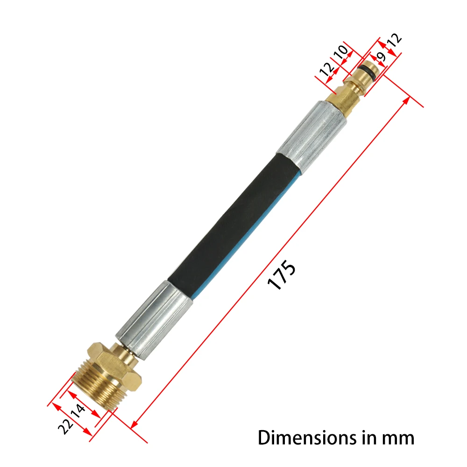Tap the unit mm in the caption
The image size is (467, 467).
pos(397,438)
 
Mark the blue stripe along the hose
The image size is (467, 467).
pos(243,233)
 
